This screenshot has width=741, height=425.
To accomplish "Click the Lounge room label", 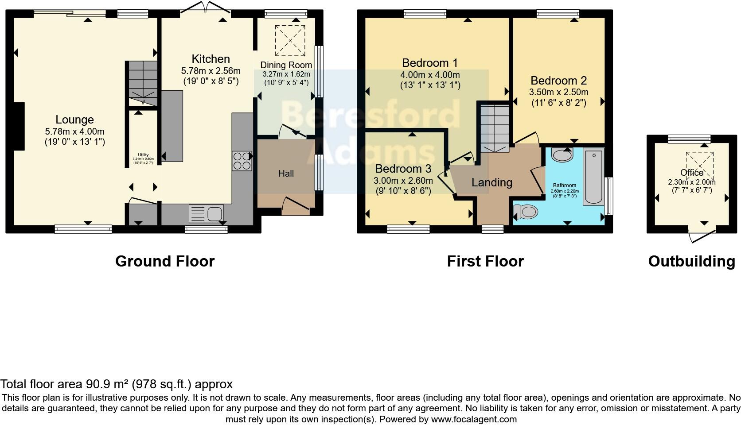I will pos(74,120).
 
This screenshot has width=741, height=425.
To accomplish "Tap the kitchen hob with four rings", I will pos(242,161).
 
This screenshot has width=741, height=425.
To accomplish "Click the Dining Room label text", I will pos(286,65).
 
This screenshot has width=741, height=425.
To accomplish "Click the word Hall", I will pos(286,174).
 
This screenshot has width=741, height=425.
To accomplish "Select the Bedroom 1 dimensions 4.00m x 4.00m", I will pos(430,75).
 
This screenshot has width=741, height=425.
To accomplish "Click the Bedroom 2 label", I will pos(558,81).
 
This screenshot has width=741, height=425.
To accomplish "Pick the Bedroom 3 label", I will pos(403,169).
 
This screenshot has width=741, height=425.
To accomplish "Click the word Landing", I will pos(491,182).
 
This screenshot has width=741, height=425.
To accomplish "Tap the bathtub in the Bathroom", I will pos(593,177).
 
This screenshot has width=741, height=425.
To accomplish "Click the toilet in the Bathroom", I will pos(526,212).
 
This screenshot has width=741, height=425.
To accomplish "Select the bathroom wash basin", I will pos(562,155).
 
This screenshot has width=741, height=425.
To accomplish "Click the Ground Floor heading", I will pos(165,261).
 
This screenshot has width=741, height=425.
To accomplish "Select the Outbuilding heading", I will pos(691,261).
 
